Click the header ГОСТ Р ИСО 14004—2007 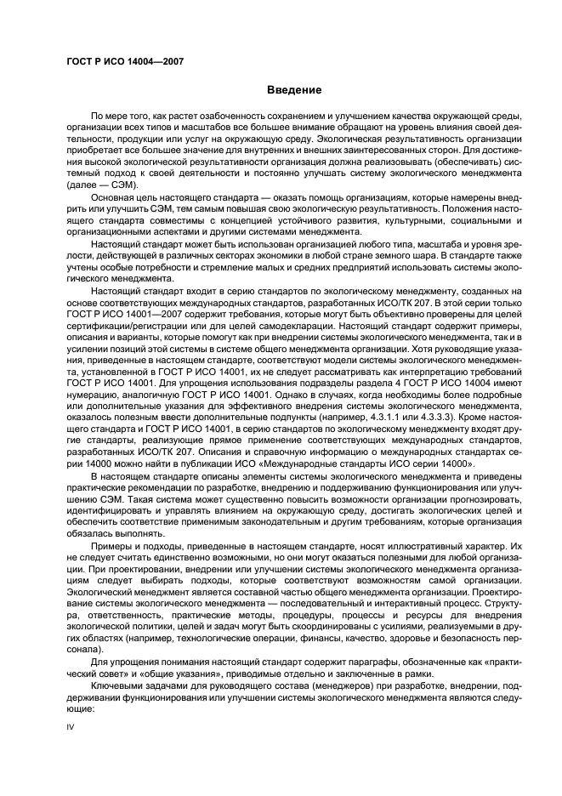[x=125, y=61]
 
